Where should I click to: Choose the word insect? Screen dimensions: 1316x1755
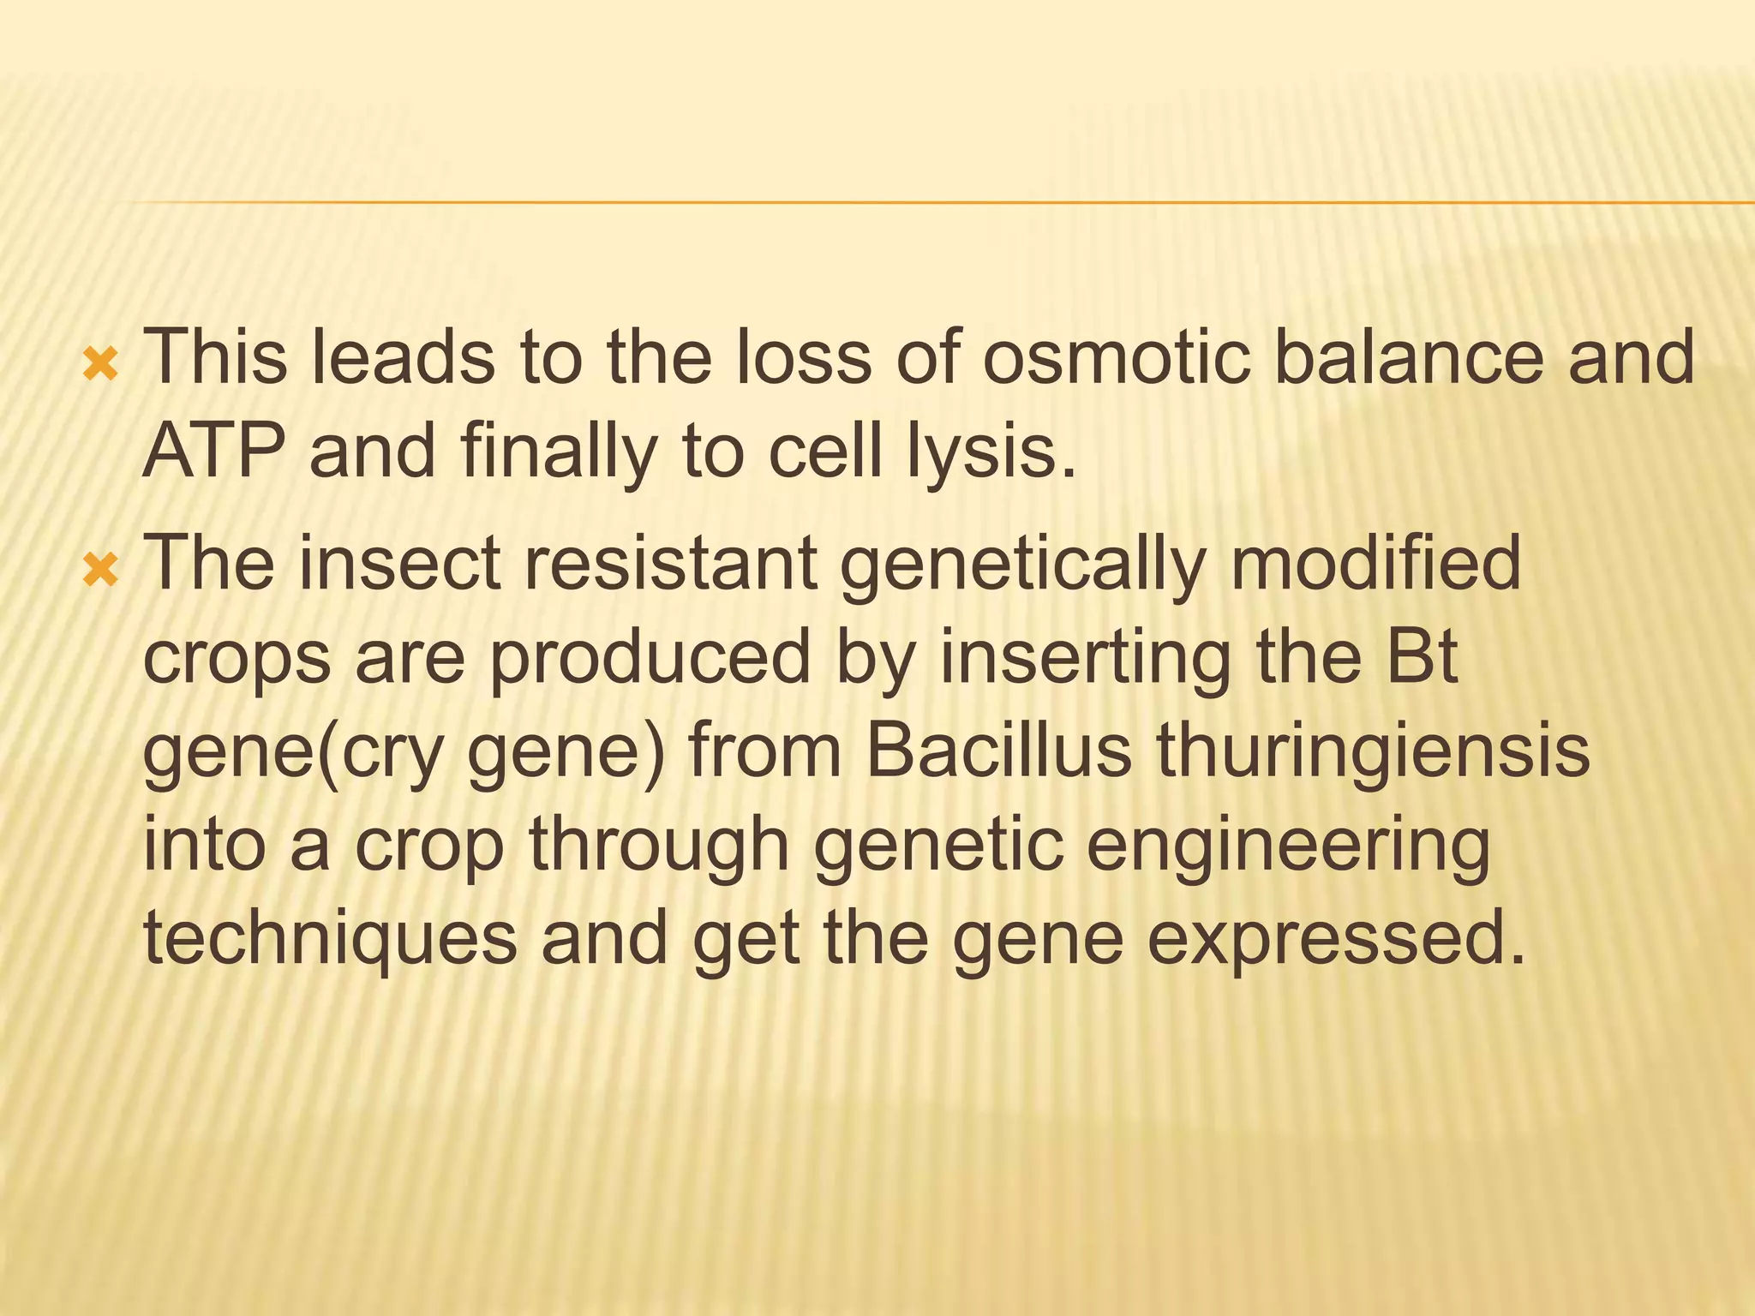click(399, 563)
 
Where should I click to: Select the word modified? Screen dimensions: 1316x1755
click(1375, 563)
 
